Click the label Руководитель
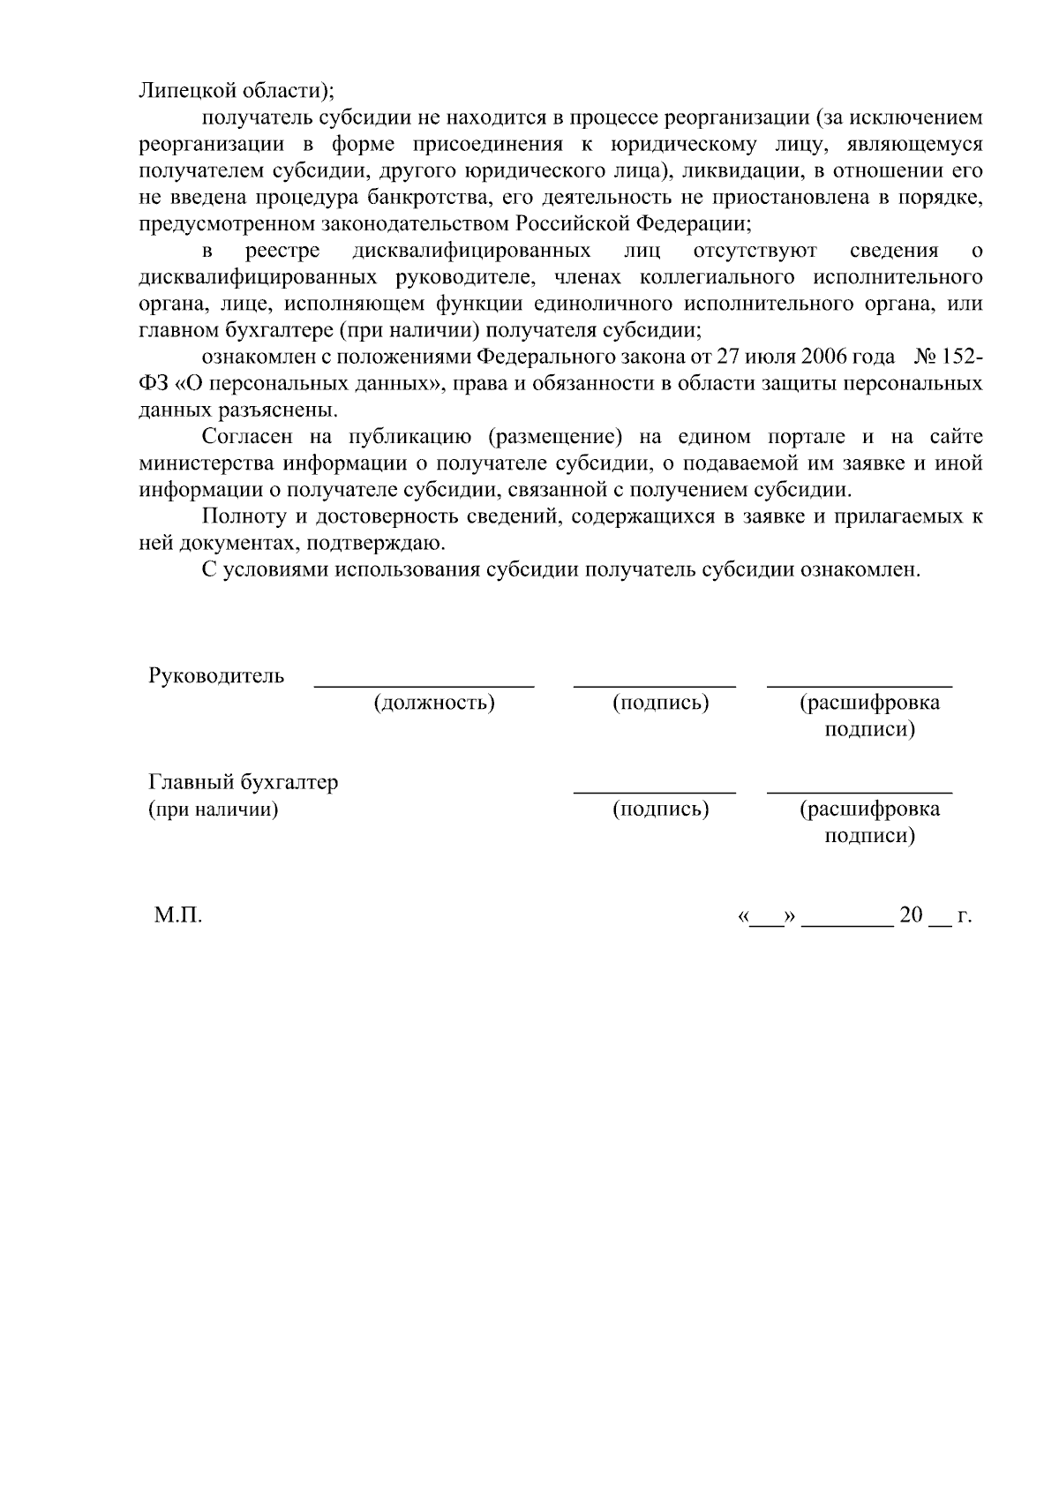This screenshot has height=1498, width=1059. point(216,676)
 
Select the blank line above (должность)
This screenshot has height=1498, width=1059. point(424,684)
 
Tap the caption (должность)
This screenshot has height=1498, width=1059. point(433,703)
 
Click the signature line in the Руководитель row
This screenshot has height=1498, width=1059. point(654,684)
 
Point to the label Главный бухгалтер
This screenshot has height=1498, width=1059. point(243,782)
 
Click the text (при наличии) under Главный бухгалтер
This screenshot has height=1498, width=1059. point(213,809)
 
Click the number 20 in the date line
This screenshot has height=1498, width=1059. point(911,915)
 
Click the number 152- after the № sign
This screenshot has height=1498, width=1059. point(961,358)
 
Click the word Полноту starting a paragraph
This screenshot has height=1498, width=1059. point(242,516)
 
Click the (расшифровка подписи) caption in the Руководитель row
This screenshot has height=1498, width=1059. point(869,716)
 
